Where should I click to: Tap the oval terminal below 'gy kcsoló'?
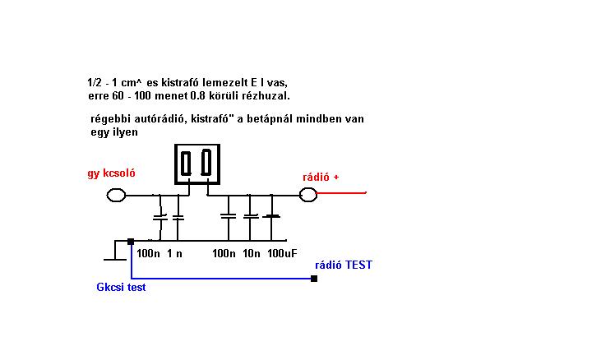point(116,195)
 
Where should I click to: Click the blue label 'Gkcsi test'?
point(121,288)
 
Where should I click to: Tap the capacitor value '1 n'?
point(174,254)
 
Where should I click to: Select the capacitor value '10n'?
point(251,254)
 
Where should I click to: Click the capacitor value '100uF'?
point(282,254)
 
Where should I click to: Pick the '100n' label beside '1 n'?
point(149,254)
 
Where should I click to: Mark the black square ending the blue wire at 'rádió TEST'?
point(313,279)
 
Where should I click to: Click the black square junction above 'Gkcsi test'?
point(131,242)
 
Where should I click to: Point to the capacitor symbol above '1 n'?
point(178,218)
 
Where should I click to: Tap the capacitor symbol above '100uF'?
point(271,217)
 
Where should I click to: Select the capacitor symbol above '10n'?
point(250,218)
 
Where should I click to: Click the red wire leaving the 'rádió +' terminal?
point(341,194)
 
